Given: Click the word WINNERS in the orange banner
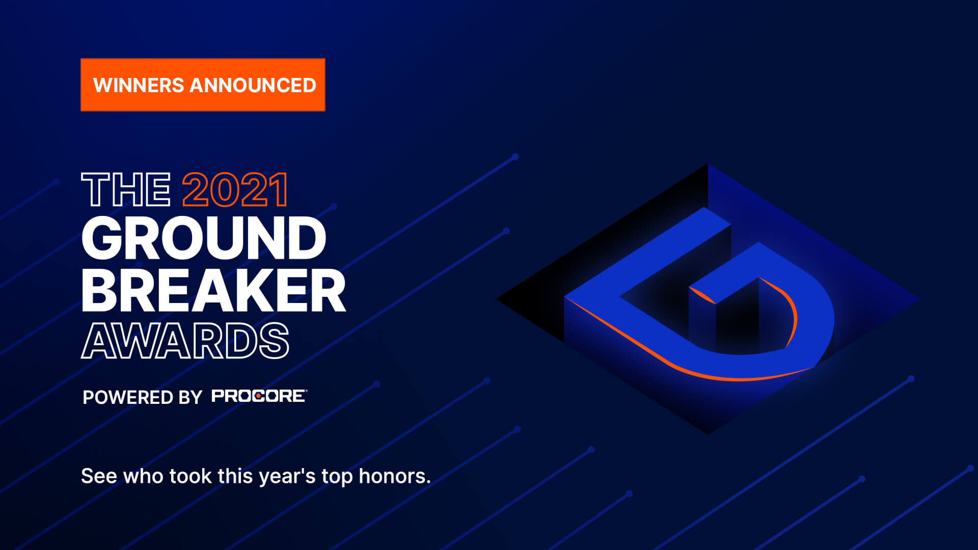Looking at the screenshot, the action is pos(139,85).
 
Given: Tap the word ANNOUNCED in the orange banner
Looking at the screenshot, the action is pos(253,85).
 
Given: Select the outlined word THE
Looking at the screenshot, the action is pos(126,189).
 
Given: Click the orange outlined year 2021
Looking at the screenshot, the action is pos(235,189).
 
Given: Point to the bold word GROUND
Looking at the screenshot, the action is pos(204,238).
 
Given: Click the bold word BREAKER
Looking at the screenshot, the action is pos(214,290).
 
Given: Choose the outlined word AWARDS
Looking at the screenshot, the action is pos(185,341).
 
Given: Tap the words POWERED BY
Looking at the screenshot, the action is pos(143,397).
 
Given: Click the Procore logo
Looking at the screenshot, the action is pos(259,396).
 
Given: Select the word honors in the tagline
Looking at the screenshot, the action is pos(395,476).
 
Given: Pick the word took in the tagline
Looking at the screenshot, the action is pos(190,476).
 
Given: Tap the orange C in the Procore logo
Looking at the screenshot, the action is pos(259,396).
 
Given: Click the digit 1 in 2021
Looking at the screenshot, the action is pos(279,189).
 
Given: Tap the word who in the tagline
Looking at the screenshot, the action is pos(143,476).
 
